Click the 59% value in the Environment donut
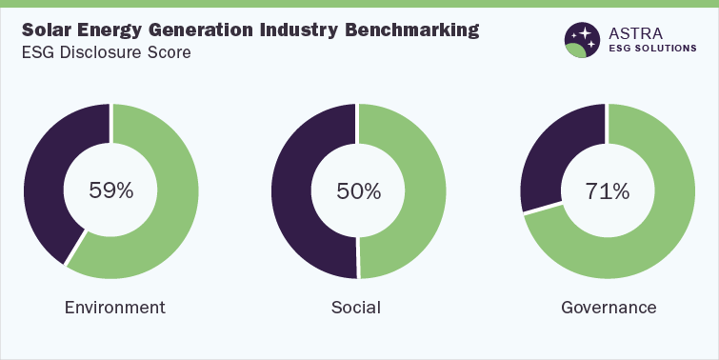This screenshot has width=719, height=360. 111,190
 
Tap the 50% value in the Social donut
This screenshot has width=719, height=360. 359,190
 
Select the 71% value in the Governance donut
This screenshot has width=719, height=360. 608,190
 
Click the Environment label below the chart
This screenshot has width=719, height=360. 114,308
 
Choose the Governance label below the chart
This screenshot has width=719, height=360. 609,308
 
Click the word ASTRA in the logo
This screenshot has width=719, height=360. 637,32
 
